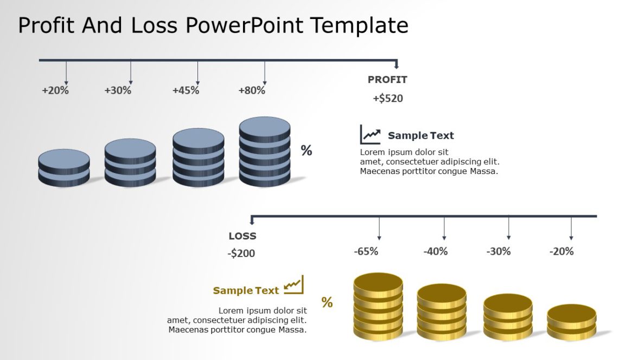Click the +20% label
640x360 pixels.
pyautogui.click(x=55, y=91)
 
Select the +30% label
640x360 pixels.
pyautogui.click(x=118, y=91)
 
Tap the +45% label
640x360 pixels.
pyautogui.click(x=185, y=91)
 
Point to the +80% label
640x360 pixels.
pyautogui.click(x=252, y=91)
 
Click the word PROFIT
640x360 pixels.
pyautogui.click(x=387, y=80)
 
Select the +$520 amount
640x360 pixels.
pyautogui.click(x=388, y=99)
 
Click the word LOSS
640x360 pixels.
pyautogui.click(x=242, y=236)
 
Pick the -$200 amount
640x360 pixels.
pyautogui.click(x=241, y=253)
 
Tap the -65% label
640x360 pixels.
pyautogui.click(x=366, y=252)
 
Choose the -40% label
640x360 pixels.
pyautogui.click(x=436, y=252)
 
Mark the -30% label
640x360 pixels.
pyautogui.click(x=498, y=252)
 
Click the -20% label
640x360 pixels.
pyautogui.click(x=561, y=252)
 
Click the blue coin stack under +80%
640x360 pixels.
pyautogui.click(x=265, y=152)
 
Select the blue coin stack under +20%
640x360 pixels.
pyautogui.click(x=64, y=168)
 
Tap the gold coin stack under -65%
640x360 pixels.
pyautogui.click(x=378, y=306)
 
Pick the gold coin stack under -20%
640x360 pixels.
pyautogui.click(x=572, y=322)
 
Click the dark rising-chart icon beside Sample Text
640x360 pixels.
pyautogui.click(x=370, y=134)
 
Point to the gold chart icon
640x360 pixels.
pyautogui.click(x=293, y=285)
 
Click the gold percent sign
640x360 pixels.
pyautogui.click(x=327, y=303)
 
